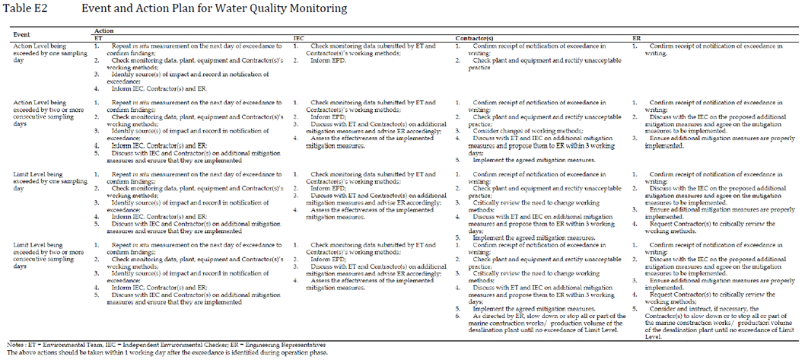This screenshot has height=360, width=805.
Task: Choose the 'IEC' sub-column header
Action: click(x=299, y=37)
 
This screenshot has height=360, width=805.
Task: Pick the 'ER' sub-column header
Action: click(x=636, y=37)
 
